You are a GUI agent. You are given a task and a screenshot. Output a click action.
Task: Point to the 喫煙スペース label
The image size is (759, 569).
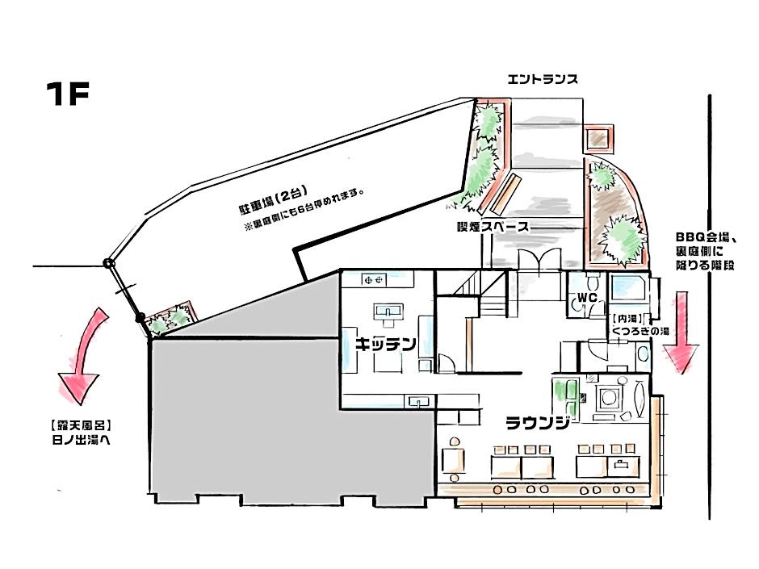pos(492,227)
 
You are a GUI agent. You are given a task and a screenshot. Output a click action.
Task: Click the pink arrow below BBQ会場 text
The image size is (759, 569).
pos(680,333)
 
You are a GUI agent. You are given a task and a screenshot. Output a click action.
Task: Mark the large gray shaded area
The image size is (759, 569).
pos(266,404)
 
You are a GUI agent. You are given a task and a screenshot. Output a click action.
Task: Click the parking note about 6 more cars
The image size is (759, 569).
pos(305,211)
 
